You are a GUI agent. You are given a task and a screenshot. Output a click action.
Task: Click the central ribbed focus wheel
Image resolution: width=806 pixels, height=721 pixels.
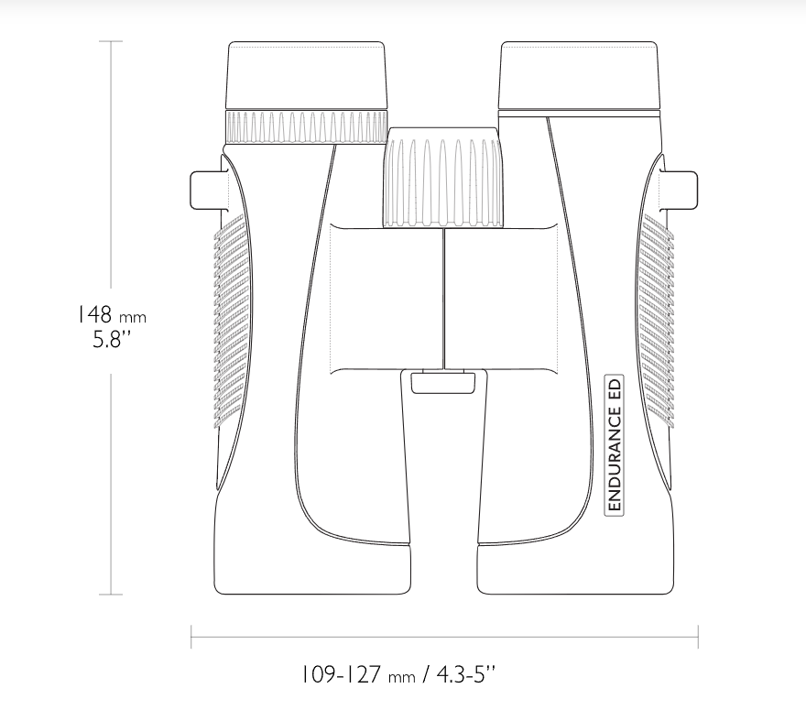[442, 178]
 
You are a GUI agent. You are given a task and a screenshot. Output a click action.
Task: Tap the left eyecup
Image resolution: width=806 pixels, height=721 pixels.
[306, 75]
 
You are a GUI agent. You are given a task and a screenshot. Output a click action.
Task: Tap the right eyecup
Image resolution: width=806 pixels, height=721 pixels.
[579, 75]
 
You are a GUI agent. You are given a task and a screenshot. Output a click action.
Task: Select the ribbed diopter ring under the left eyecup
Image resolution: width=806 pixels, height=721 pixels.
[306, 127]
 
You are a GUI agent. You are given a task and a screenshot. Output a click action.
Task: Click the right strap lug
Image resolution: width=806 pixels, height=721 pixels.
[681, 191]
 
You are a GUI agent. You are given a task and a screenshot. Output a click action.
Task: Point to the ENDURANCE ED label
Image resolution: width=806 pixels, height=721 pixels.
[615, 445]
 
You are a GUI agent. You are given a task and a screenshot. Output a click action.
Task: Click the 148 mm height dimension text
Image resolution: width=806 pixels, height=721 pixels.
[112, 314]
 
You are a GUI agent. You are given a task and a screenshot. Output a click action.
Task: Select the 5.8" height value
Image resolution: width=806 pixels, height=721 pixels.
[112, 339]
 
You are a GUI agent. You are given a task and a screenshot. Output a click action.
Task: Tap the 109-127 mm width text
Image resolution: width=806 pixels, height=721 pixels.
[357, 674]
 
